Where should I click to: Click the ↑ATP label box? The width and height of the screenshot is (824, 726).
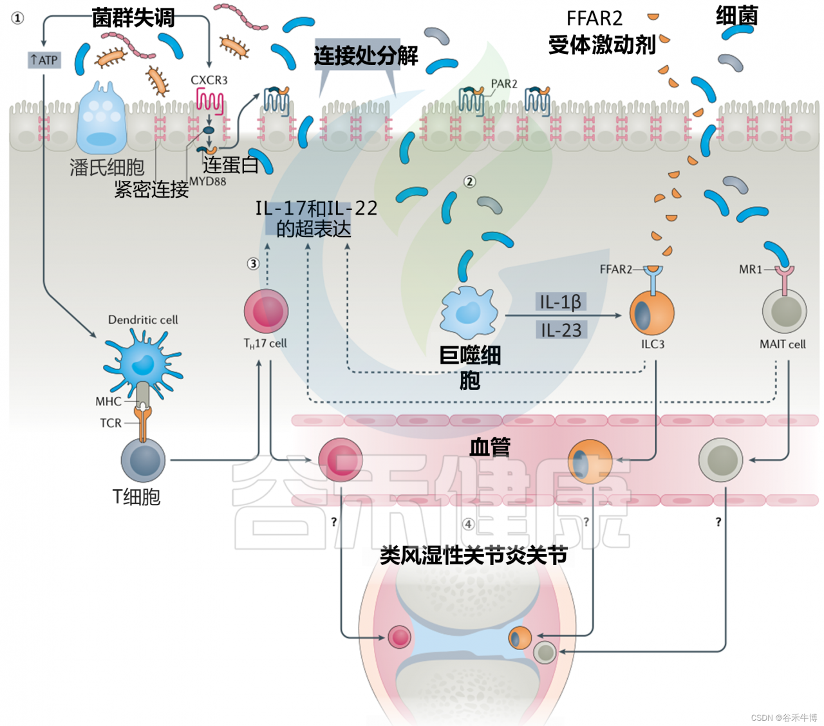pyautogui.click(x=44, y=60)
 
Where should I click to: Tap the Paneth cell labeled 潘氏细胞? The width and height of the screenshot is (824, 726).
pyautogui.click(x=101, y=119)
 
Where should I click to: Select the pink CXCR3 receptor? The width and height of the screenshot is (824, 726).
pyautogui.click(x=210, y=102)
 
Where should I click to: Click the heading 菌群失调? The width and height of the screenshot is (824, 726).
pyautogui.click(x=133, y=17)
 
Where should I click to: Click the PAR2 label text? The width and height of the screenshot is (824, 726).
pyautogui.click(x=504, y=84)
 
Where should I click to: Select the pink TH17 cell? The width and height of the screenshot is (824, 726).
pyautogui.click(x=266, y=312)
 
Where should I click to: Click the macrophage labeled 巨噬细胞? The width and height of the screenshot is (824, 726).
pyautogui.click(x=469, y=313)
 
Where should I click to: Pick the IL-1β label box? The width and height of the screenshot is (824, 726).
pyautogui.click(x=561, y=302)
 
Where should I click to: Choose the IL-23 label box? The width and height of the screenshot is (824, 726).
pyautogui.click(x=561, y=330)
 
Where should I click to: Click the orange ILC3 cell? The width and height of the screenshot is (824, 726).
pyautogui.click(x=651, y=313)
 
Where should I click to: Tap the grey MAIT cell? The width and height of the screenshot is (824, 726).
pyautogui.click(x=784, y=312)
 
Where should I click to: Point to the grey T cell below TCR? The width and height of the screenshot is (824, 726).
pyautogui.click(x=143, y=460)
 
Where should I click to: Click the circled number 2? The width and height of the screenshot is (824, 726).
pyautogui.click(x=470, y=182)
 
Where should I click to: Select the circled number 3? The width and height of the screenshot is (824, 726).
pyautogui.click(x=253, y=263)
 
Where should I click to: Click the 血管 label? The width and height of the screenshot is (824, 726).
pyautogui.click(x=489, y=446)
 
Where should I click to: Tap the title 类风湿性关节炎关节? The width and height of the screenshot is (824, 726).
pyautogui.click(x=473, y=555)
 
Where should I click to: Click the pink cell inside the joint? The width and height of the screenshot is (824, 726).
pyautogui.click(x=399, y=637)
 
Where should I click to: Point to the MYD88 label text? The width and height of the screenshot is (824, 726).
pyautogui.click(x=207, y=181)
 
